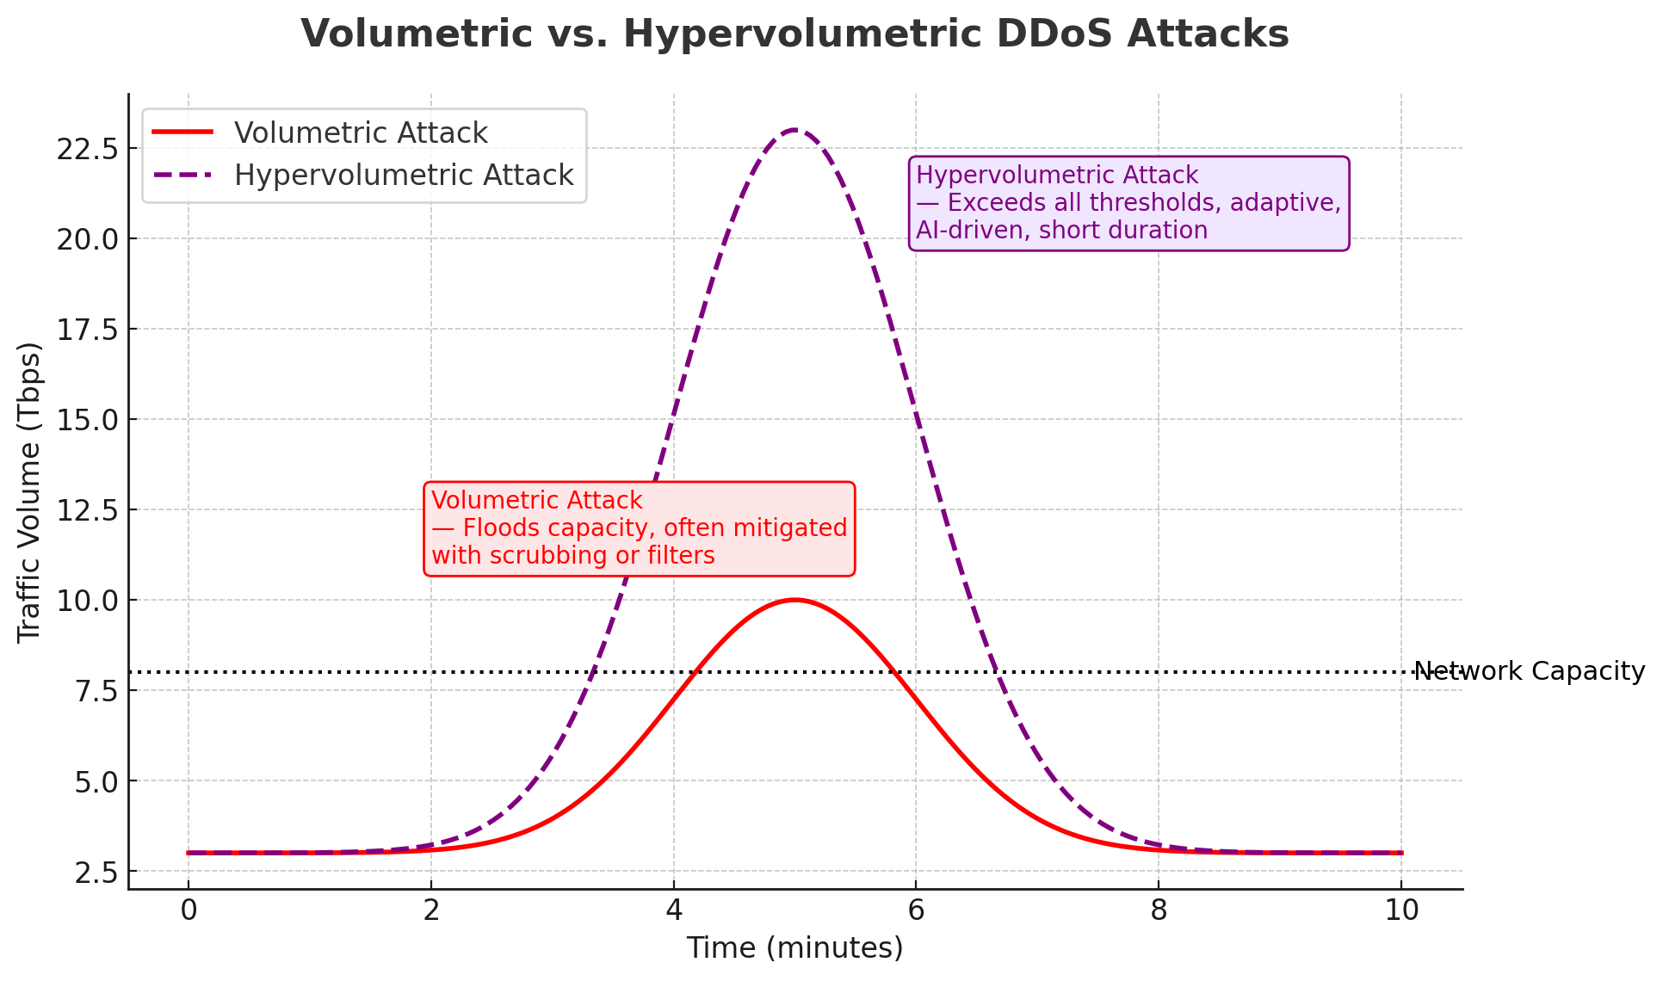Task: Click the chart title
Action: (794, 34)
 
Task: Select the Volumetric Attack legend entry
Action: (360, 133)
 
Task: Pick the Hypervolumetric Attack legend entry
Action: (403, 176)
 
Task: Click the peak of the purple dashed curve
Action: (794, 130)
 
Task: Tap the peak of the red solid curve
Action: (794, 600)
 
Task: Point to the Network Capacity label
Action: (1529, 671)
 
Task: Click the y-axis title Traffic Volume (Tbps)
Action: (29, 491)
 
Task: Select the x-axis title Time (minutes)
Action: (794, 948)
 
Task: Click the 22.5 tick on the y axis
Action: (85, 148)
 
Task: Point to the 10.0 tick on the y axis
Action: (85, 600)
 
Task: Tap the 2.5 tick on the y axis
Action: (94, 872)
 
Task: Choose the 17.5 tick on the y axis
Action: (85, 329)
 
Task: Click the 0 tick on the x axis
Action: (188, 910)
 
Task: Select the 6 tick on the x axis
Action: (916, 910)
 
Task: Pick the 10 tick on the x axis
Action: (1401, 910)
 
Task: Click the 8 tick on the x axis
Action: (1159, 910)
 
